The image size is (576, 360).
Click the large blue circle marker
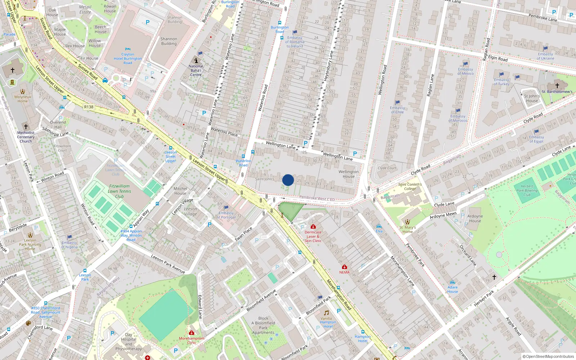pyautogui.click(x=288, y=180)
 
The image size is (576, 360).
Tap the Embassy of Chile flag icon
pyautogui.click(x=397, y=103)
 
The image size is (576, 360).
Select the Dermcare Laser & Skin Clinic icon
pyautogui.click(x=313, y=226)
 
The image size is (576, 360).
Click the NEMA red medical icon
pyautogui.click(x=345, y=267)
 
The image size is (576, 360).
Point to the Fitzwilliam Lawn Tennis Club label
pyautogui.click(x=120, y=191)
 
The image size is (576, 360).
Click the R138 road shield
pyautogui.click(x=89, y=107)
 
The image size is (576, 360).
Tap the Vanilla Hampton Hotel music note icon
pyautogui.click(x=326, y=313)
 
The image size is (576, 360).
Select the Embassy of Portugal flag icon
pyautogui.click(x=226, y=208)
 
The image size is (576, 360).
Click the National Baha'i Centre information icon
pyautogui.click(x=196, y=60)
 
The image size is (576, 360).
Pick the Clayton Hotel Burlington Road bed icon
pyautogui.click(x=127, y=49)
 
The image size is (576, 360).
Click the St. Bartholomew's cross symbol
pyautogui.click(x=557, y=86)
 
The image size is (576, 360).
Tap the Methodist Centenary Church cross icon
pyautogui.click(x=26, y=127)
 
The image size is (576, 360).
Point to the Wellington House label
pyautogui.click(x=348, y=174)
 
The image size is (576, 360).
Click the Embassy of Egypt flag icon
pyautogui.click(x=537, y=131)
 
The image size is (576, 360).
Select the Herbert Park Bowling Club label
pyautogui.click(x=527, y=190)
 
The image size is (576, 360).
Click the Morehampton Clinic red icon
pyautogui.click(x=192, y=333)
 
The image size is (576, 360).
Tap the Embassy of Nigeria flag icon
pyautogui.click(x=69, y=237)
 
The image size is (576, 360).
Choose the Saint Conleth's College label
pyautogui.click(x=410, y=186)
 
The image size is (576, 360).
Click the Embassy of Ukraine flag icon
pyautogui.click(x=545, y=49)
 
